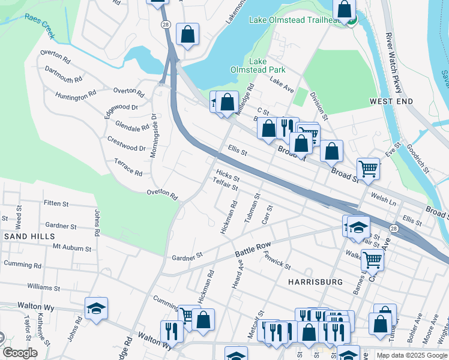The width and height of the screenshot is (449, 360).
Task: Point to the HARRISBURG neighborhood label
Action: click(315, 281)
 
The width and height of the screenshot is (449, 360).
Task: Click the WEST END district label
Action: click(391, 101)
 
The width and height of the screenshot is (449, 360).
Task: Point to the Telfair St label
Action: click(226, 188)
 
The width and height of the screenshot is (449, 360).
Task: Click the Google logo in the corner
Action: click(20, 353)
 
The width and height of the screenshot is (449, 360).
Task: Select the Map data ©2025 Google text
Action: click(411, 355)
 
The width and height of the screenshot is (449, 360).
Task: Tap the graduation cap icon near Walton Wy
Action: click(96, 308)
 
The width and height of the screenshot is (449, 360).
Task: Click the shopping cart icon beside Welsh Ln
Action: click(368, 169)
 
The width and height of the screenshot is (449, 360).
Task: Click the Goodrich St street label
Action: click(417, 158)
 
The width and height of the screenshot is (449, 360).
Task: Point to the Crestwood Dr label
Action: click(126, 143)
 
